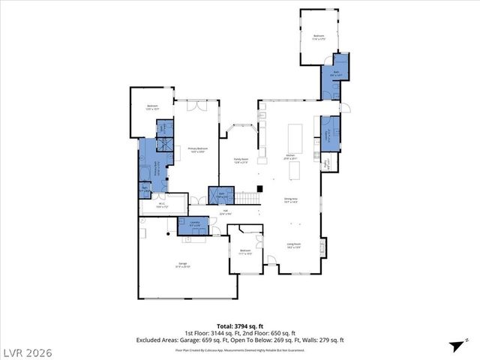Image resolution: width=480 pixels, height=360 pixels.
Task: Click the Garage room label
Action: pyautogui.click(x=182, y=265)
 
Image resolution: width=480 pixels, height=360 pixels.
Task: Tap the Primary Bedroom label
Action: pyautogui.click(x=197, y=150)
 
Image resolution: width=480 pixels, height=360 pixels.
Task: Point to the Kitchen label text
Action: pyautogui.click(x=290, y=157)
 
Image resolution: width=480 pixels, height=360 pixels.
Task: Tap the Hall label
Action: pyautogui.click(x=225, y=212)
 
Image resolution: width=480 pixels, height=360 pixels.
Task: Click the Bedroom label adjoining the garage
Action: pyautogui.click(x=244, y=252)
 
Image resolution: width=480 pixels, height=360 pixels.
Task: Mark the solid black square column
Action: pyautogui.click(x=259, y=188)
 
